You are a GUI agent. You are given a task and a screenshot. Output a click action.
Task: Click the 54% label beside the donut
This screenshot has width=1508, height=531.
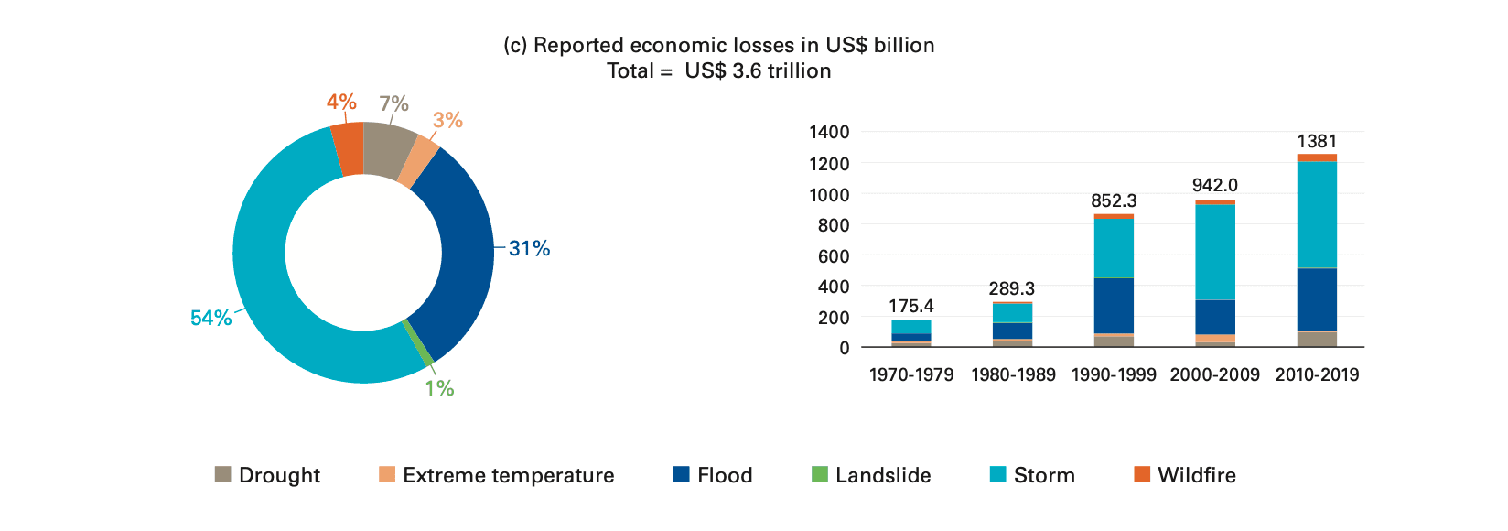point(210,318)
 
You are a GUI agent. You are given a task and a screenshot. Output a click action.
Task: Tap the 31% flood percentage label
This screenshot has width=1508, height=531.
point(529,248)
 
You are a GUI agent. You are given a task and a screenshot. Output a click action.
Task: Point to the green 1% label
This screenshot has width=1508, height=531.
point(439,388)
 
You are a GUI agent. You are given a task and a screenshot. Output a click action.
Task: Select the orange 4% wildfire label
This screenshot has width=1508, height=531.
point(341,102)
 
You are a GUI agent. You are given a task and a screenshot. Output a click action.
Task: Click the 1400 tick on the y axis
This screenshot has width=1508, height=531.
point(829,132)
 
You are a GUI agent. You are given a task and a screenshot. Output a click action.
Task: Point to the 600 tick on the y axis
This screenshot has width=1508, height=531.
point(833,256)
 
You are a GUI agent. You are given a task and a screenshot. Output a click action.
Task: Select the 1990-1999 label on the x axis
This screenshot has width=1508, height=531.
point(1114,374)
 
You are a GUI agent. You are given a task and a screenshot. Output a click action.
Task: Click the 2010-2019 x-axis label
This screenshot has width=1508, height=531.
point(1317,374)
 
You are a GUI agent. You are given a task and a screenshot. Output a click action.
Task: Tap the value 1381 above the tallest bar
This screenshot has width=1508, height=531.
point(1317,142)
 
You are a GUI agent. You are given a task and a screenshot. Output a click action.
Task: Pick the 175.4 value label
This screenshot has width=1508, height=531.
point(910,306)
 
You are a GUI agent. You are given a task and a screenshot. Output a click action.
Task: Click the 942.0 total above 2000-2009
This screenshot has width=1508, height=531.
point(1214,185)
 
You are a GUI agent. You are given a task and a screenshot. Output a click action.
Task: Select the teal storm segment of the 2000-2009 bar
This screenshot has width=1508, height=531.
point(1214,252)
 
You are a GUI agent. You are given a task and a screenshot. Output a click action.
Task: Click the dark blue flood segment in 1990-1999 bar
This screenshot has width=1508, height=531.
point(1114,305)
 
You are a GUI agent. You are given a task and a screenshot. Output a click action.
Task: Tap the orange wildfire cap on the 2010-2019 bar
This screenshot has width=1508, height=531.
point(1317,157)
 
